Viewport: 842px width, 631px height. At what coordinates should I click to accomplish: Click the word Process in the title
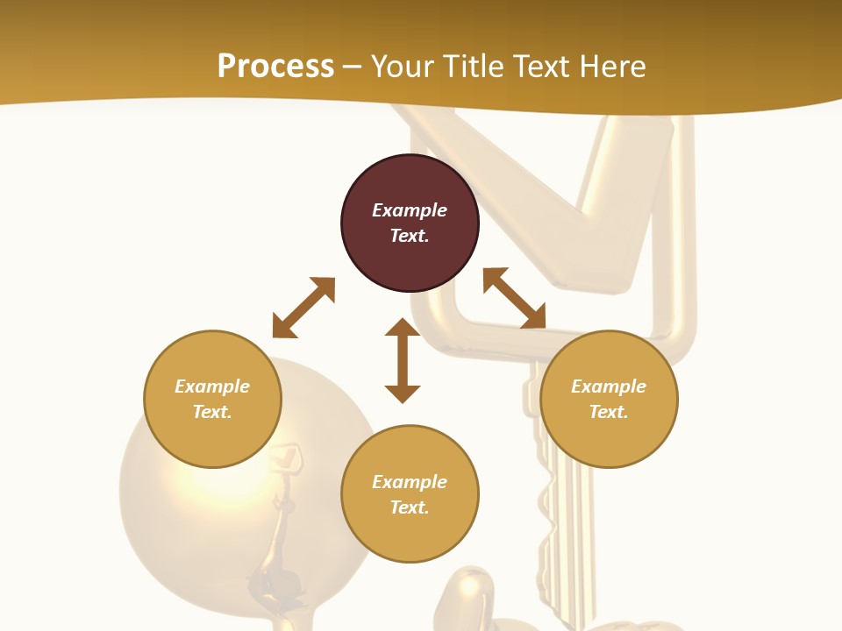[275, 67]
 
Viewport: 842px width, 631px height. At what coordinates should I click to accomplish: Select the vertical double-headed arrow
[403, 360]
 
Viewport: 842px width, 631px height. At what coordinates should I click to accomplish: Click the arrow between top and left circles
[303, 308]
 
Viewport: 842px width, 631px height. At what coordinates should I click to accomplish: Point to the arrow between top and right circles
[515, 298]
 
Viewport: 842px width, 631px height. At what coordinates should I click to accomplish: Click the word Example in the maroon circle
[410, 210]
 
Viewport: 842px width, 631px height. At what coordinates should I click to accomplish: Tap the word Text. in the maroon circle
[410, 236]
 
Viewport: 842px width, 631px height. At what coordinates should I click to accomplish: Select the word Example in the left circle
[212, 386]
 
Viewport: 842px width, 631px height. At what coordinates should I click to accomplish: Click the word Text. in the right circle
[609, 412]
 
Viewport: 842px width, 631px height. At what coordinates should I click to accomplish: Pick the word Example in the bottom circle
[410, 482]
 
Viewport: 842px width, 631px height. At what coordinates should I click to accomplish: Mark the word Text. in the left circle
[212, 412]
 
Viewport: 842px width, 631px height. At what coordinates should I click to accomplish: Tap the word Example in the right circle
[609, 386]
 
